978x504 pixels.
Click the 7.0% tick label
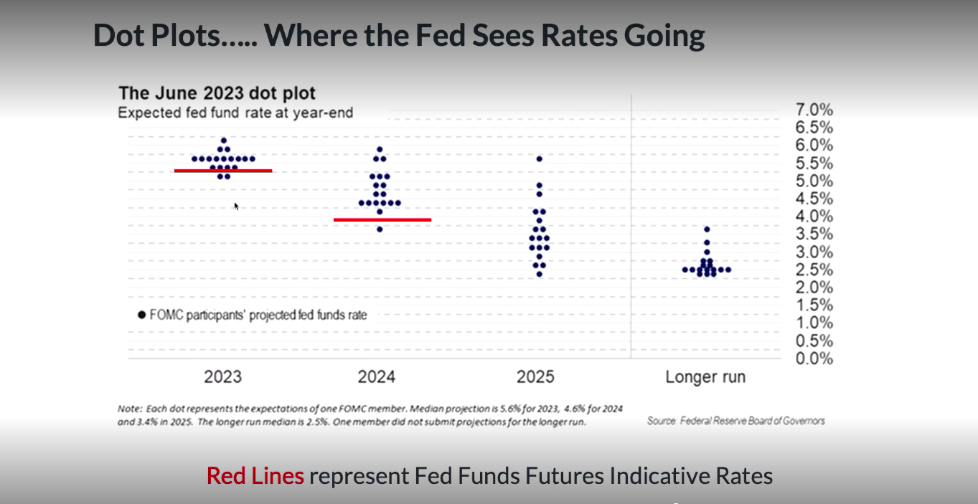tap(814, 110)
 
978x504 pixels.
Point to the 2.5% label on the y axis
tap(814, 270)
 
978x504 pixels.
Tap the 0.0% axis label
tap(814, 358)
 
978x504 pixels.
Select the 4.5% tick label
tap(814, 199)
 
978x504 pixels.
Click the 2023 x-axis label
tap(222, 376)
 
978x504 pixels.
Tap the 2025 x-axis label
tap(535, 376)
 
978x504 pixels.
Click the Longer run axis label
tap(705, 376)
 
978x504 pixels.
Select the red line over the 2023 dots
tap(223, 171)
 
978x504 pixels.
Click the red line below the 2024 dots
tap(382, 219)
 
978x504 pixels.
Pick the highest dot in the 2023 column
tap(224, 141)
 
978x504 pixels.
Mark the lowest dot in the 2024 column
tap(380, 229)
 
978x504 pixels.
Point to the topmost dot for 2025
tap(540, 158)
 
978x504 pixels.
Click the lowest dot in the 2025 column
tap(540, 274)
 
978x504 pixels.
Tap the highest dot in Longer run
tap(707, 229)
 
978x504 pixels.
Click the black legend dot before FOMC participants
tap(141, 315)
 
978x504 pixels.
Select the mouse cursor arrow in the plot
tap(236, 206)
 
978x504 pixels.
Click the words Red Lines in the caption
tap(255, 475)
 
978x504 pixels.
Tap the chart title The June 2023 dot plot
tap(217, 93)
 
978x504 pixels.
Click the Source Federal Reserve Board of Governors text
tap(735, 421)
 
